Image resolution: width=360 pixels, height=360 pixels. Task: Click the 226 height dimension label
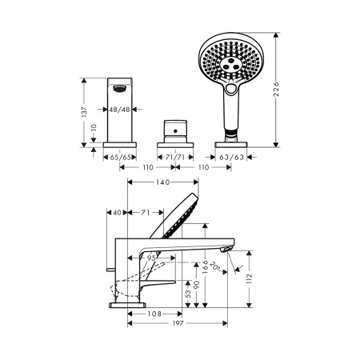pos(276,90)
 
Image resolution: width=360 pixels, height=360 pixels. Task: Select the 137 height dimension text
pos(84,112)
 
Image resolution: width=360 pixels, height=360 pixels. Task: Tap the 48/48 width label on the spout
pos(119,110)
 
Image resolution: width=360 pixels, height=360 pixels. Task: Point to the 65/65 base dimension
pos(121,158)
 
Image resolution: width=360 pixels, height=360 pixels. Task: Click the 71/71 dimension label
pos(175,158)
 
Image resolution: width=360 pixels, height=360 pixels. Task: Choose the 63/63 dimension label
pos(231,158)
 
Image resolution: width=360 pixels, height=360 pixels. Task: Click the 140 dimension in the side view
pos(163,182)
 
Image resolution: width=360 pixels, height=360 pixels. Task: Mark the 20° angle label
pos(215,266)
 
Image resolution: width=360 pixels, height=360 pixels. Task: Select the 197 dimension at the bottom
pos(178,323)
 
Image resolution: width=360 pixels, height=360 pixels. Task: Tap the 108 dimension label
pos(154,314)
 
